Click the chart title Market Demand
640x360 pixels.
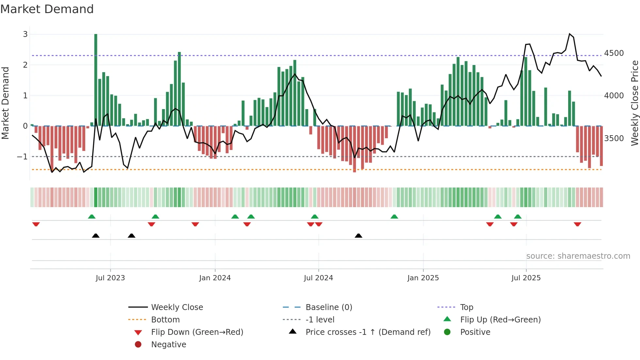[47, 9]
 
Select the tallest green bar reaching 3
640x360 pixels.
[96, 80]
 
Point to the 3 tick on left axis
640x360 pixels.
[25, 34]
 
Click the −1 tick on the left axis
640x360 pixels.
[23, 157]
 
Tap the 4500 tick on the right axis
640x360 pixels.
[614, 53]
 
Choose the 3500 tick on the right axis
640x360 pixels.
[614, 139]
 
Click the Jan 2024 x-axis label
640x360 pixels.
[215, 278]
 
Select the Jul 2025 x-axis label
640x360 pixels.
[526, 278]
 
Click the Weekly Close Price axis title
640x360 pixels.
[634, 103]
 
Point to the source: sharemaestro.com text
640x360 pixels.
[578, 256]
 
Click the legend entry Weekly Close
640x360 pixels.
[177, 307]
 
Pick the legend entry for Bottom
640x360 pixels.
[165, 320]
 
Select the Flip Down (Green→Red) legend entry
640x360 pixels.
[197, 332]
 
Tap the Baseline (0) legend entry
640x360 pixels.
[329, 307]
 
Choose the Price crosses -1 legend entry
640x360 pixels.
[368, 332]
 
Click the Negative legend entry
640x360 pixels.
[168, 345]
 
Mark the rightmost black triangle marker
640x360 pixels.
[359, 236]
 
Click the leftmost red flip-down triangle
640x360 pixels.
[36, 224]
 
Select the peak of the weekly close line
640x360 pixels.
[569, 34]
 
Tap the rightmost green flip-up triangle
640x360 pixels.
[518, 217]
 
